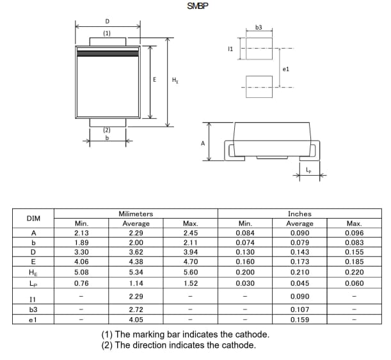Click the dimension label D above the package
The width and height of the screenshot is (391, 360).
(107, 21)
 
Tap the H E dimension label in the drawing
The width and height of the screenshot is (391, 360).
(175, 80)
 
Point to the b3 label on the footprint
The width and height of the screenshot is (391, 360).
(259, 27)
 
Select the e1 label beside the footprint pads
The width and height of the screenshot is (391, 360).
(285, 68)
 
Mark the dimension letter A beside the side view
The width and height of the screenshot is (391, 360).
(203, 143)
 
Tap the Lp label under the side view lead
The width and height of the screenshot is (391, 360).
(308, 169)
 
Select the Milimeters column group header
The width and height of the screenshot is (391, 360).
(136, 214)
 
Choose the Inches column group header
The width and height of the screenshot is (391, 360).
(299, 214)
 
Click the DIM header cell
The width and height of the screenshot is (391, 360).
(33, 219)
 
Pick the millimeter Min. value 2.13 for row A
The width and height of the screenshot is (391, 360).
(81, 233)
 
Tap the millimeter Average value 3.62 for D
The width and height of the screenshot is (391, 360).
(136, 252)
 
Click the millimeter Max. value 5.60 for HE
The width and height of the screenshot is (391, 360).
(190, 271)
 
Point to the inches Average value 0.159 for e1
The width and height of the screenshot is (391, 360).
(299, 319)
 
